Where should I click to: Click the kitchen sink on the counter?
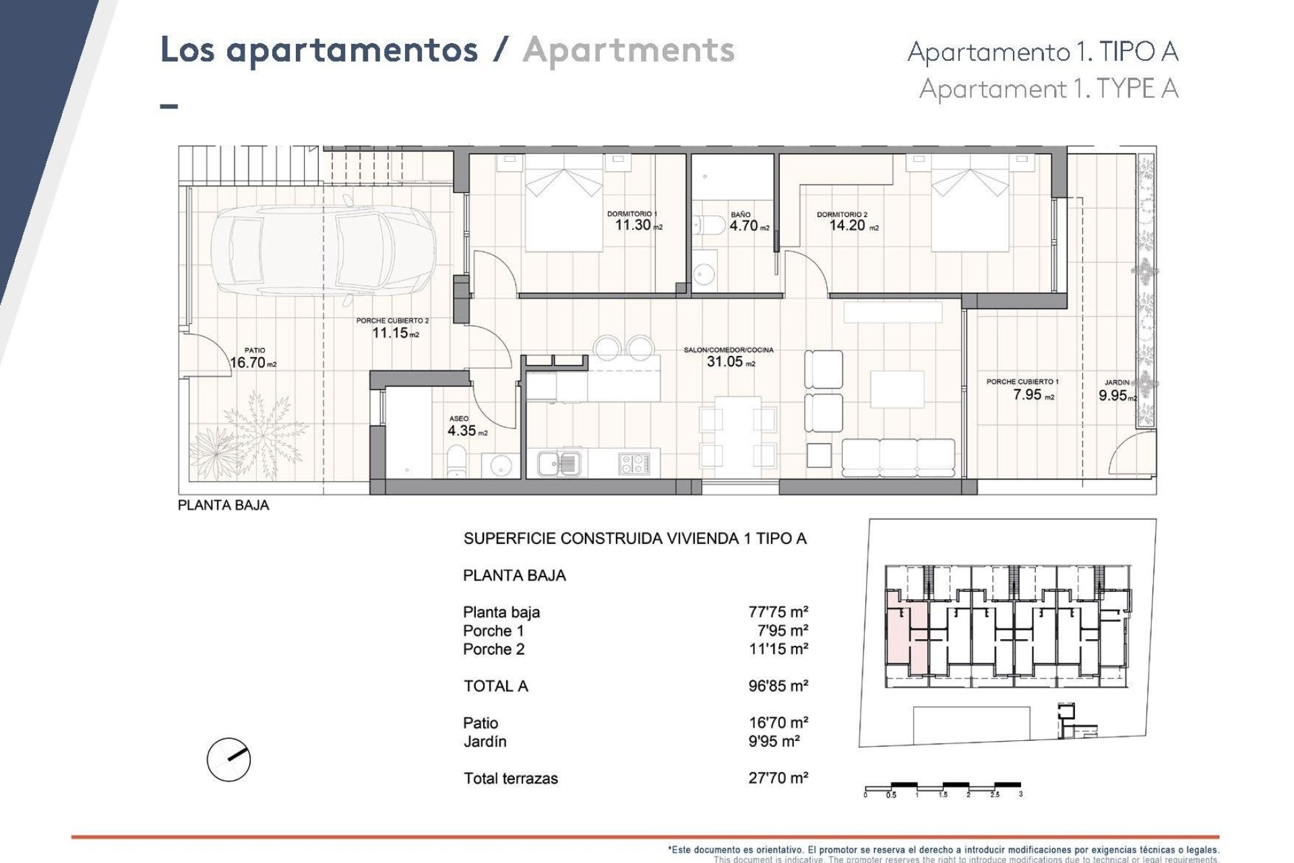[558, 463]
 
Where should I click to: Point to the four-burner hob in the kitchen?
[634, 463]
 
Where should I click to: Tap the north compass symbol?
[228, 759]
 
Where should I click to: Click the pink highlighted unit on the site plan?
[898, 634]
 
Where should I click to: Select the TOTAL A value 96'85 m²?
[778, 686]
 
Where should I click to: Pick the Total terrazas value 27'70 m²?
[778, 777]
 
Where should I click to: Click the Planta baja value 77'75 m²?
[778, 612]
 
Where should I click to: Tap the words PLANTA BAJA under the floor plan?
[223, 505]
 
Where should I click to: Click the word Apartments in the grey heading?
[628, 51]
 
